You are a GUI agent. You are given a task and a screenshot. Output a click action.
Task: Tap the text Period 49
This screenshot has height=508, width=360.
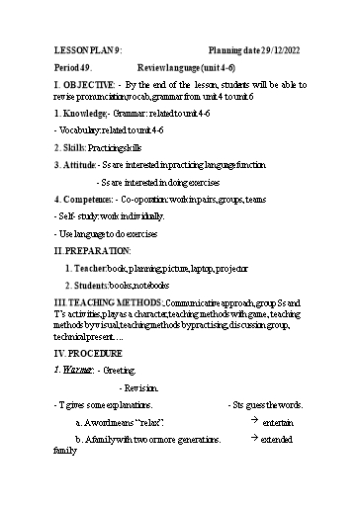coord(71,69)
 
